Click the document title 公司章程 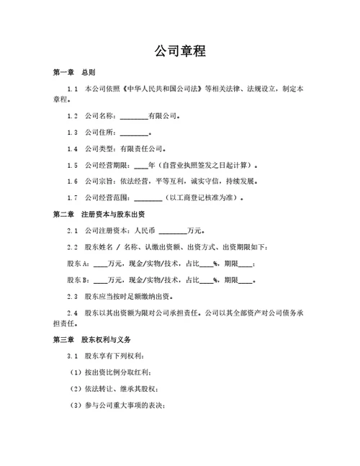point(180,51)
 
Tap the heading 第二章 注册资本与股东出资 point(99,215)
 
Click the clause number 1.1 point(72,89)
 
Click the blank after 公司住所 point(133,133)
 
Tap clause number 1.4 point(72,149)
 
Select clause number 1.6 point(72,182)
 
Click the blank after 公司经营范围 point(148,199)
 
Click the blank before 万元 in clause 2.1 point(171,232)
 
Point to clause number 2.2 point(72,248)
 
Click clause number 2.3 point(72,297)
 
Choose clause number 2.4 point(72,313)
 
